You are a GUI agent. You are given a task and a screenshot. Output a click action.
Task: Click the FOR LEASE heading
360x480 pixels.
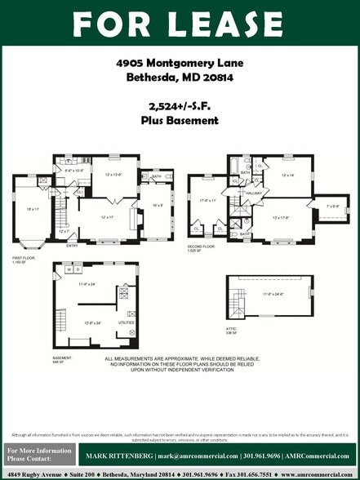click(180, 24)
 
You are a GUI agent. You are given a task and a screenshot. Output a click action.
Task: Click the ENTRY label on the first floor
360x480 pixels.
click(72, 245)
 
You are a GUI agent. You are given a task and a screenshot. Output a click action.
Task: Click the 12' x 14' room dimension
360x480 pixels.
click(287, 175)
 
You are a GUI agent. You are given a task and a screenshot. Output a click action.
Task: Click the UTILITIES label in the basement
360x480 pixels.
click(125, 323)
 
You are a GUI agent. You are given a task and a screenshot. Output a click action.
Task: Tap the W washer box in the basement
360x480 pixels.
click(69, 269)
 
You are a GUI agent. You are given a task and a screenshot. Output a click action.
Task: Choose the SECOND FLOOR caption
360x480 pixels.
click(201, 246)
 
